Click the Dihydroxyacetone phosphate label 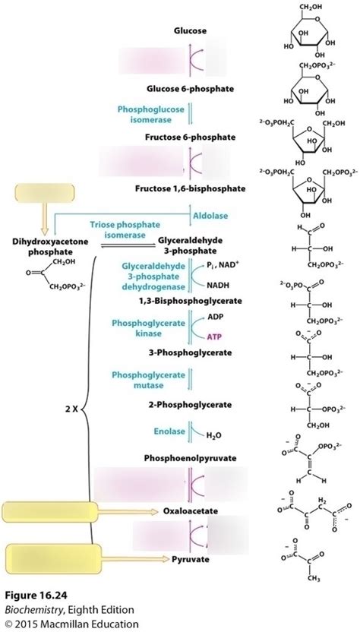point(39,246)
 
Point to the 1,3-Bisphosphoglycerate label point(200,301)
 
